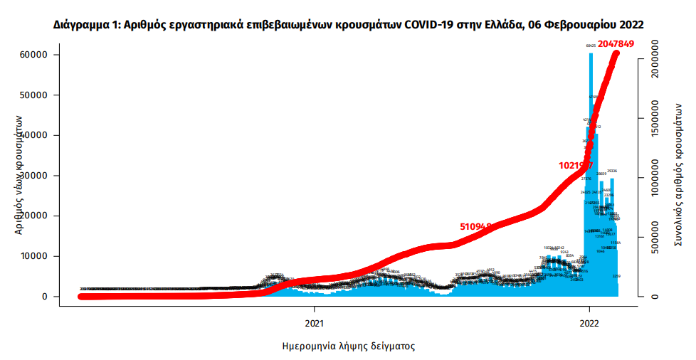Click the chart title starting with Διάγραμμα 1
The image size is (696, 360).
(348, 25)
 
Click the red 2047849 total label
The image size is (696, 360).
(616, 44)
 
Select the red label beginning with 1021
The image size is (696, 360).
(576, 165)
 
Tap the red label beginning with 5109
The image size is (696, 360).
(475, 226)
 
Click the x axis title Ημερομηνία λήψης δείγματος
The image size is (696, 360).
(348, 346)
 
